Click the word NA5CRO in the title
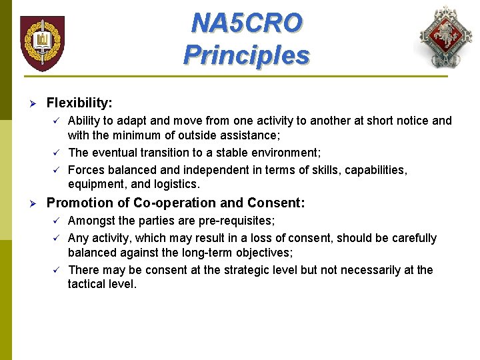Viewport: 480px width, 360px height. click(x=247, y=23)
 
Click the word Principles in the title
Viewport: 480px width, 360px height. click(x=247, y=54)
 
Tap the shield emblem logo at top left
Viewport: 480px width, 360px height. click(x=42, y=43)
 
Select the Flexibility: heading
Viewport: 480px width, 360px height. click(x=79, y=103)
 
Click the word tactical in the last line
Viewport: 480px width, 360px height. click(x=88, y=285)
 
